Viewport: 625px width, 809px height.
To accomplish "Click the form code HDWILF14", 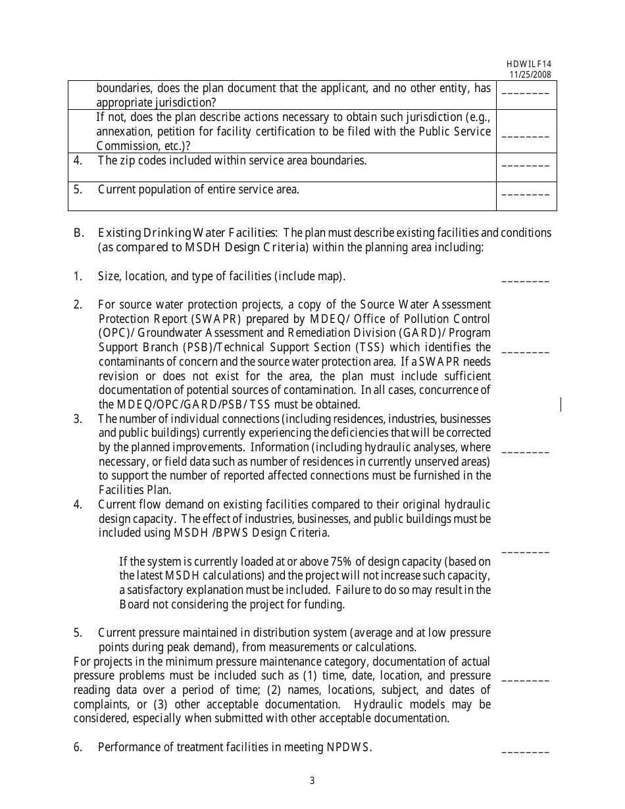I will coord(528,64).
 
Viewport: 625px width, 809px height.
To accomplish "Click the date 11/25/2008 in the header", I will coord(530,74).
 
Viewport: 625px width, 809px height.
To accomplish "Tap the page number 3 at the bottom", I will coord(312,781).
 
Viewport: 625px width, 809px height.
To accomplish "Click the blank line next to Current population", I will coord(525,195).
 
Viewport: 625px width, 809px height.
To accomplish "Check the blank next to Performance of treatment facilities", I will coord(525,751).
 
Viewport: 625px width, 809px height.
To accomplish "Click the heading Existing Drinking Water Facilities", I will coord(187,233).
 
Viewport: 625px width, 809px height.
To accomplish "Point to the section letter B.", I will coord(78,233).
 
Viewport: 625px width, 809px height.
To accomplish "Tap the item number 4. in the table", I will coord(78,160).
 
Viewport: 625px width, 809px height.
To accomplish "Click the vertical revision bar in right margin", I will coord(561,404).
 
